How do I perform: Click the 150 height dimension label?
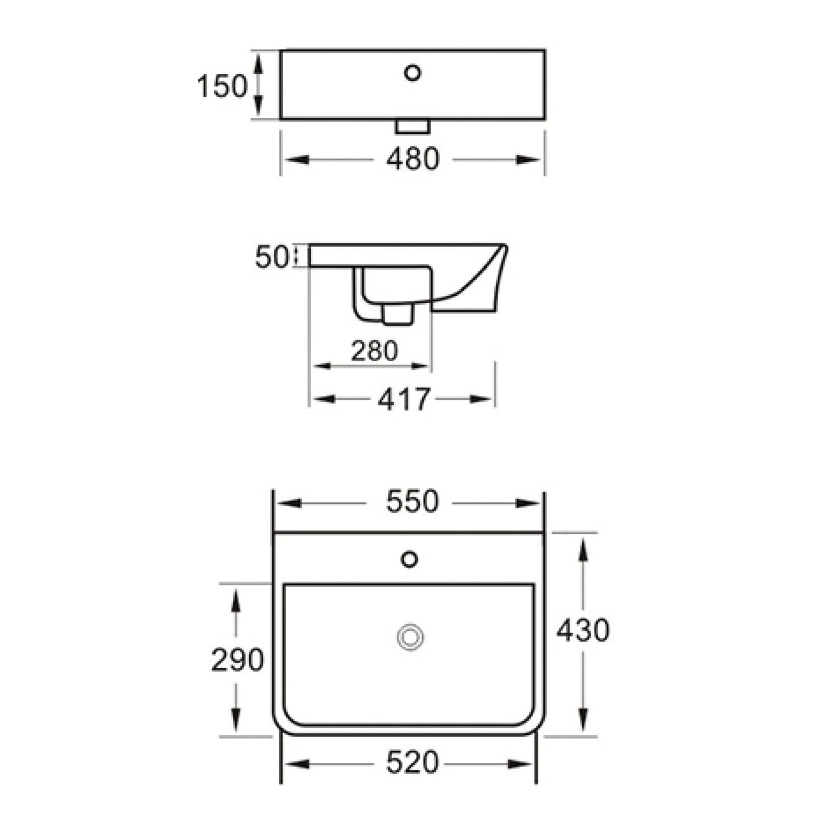222,87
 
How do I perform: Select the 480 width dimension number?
412,159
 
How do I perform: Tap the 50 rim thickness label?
271,258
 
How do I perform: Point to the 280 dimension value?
374,351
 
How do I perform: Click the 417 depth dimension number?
403,399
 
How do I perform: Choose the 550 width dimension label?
412,502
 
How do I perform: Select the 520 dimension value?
412,763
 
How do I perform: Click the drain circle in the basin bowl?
410,637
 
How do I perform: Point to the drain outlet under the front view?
412,126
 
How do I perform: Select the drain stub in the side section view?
398,315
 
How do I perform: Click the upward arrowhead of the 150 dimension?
258,61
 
